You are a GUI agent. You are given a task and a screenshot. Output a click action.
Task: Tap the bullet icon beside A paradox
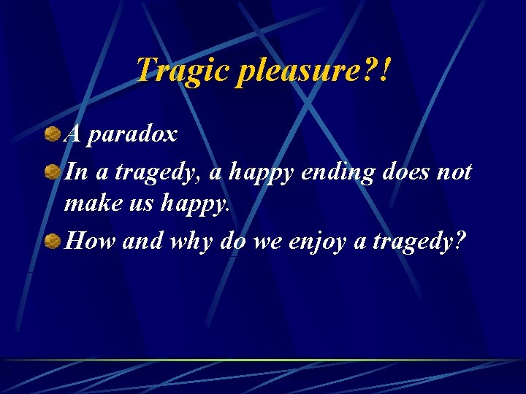52,134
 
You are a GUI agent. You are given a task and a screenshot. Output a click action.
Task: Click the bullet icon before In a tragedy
52,173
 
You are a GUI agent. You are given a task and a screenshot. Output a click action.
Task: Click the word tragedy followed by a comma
159,174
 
